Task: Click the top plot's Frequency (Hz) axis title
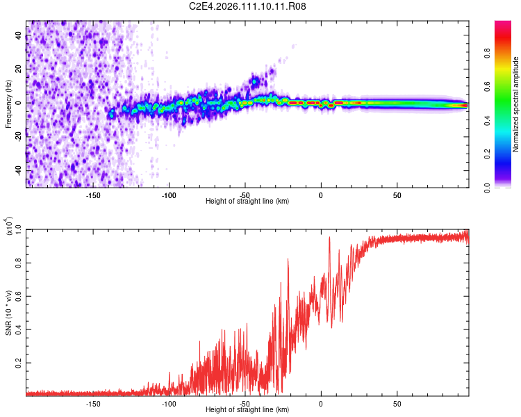pyautogui.click(x=8, y=104)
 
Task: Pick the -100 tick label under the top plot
pyautogui.click(x=169, y=195)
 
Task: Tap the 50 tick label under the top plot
pyautogui.click(x=397, y=195)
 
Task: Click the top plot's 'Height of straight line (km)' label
pyautogui.click(x=248, y=202)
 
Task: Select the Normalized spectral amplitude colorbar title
pyautogui.click(x=515, y=104)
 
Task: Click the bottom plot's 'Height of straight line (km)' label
pyautogui.click(x=248, y=410)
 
